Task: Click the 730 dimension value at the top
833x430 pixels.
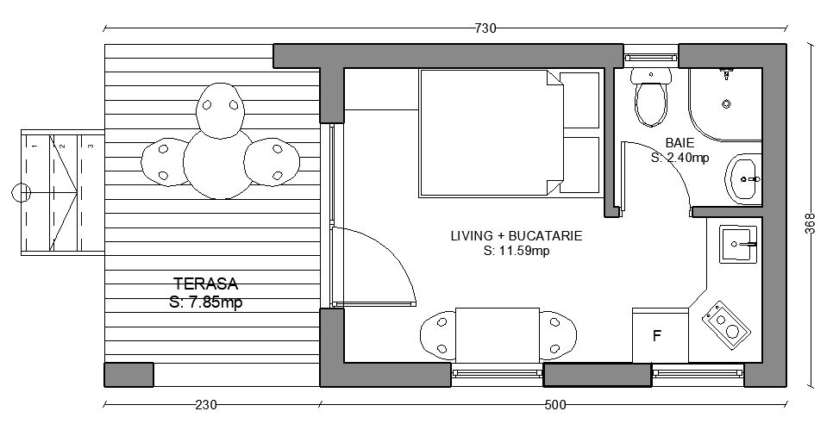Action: coord(485,28)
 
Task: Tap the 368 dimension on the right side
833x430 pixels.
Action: coord(810,223)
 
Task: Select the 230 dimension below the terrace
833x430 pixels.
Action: coord(206,405)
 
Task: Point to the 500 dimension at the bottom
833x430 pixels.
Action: coord(555,405)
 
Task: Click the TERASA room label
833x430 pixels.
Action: coord(206,284)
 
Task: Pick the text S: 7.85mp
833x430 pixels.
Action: coord(206,302)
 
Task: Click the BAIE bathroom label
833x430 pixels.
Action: coord(680,142)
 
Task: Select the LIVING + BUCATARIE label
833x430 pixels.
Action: coord(517,236)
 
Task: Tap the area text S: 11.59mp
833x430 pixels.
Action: coord(517,251)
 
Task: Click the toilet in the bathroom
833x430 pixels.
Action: coord(651,97)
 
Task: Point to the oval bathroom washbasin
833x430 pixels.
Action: coord(743,179)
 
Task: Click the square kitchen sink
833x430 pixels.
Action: coord(738,244)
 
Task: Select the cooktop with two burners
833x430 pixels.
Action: coord(726,325)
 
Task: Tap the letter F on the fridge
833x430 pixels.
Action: coord(657,336)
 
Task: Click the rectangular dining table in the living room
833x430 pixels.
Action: coord(498,335)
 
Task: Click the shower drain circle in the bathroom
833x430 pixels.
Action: coord(726,104)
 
